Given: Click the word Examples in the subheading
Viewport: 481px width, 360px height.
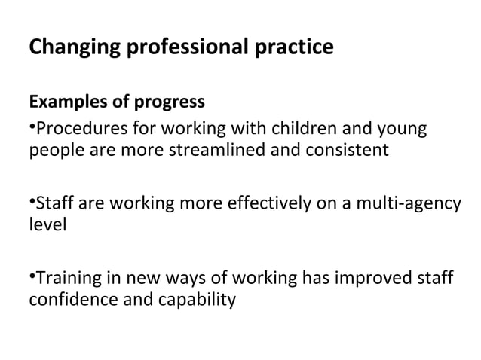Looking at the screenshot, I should tap(65, 102).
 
